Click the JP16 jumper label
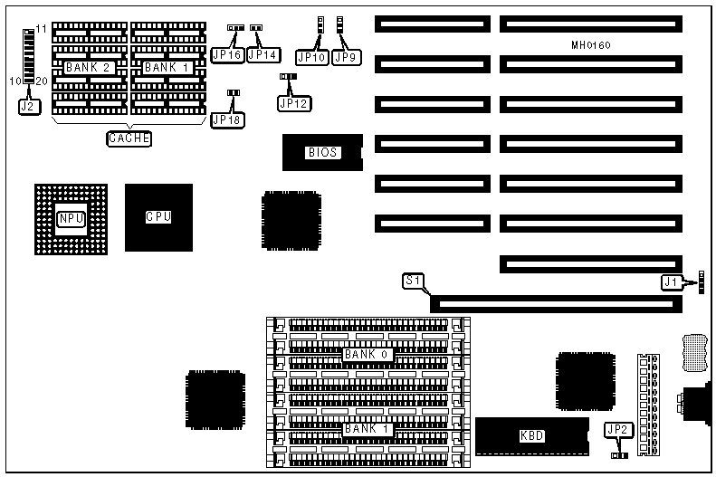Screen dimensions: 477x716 tap(226, 55)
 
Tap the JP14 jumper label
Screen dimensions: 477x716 tap(263, 55)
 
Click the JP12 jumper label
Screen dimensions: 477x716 tap(294, 103)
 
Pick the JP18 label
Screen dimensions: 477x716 tap(226, 119)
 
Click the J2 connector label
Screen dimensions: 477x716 tap(27, 105)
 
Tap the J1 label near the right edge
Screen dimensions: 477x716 tap(671, 283)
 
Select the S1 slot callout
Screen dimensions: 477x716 tap(412, 281)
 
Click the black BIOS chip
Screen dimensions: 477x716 tap(321, 153)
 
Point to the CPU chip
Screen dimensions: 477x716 tap(158, 217)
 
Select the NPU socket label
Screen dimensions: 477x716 tap(70, 218)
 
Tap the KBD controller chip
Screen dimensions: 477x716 tap(531, 435)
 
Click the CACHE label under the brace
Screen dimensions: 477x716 tap(128, 138)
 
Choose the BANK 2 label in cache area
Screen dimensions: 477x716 tap(88, 67)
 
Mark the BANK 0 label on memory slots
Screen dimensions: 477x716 tap(367, 354)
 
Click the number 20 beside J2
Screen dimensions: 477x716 tap(42, 81)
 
